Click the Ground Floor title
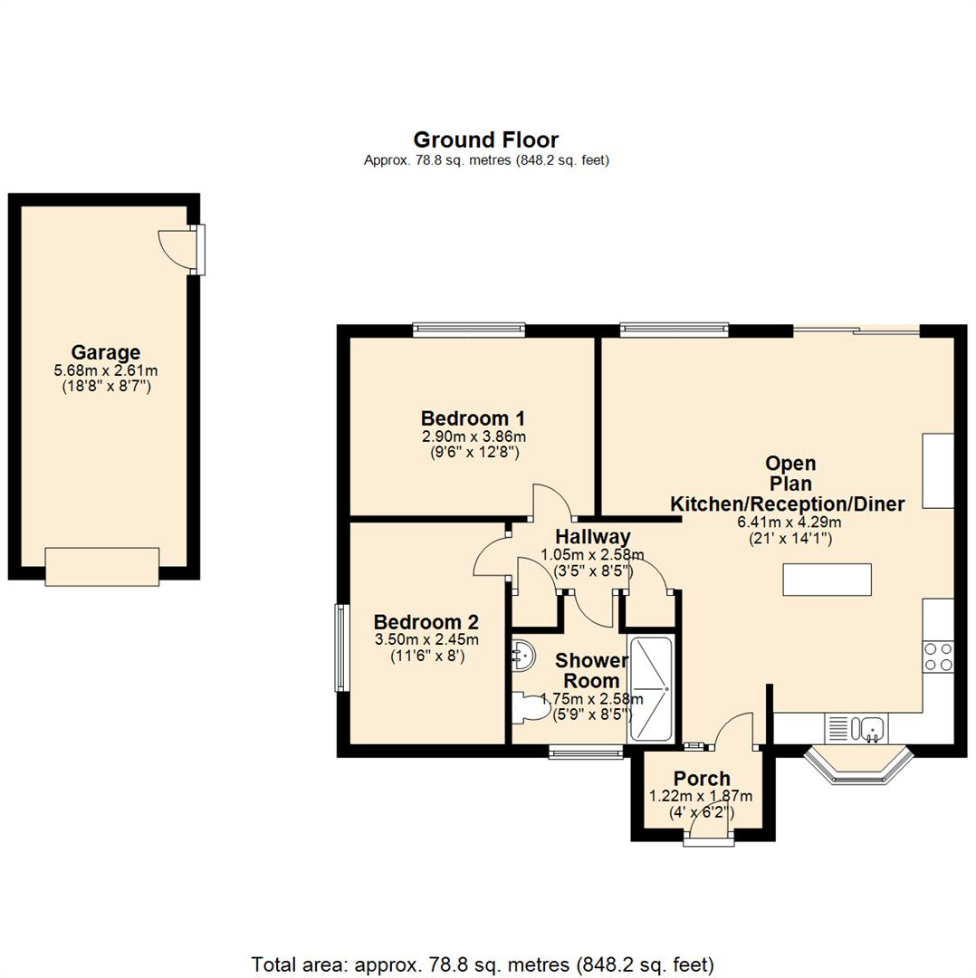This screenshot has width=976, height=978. (485, 139)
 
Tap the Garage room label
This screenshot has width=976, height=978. (106, 352)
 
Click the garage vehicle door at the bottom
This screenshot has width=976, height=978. (102, 566)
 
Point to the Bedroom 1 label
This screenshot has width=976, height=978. (473, 418)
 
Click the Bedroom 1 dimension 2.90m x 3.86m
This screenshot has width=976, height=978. (473, 436)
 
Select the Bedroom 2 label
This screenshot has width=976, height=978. (426, 622)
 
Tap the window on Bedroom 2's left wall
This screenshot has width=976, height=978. (340, 647)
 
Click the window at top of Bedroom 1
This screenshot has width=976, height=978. (468, 330)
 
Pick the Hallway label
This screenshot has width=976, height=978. (592, 537)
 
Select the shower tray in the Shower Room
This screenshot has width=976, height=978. (650, 689)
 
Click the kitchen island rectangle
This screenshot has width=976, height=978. (828, 580)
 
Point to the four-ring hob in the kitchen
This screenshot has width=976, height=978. (937, 656)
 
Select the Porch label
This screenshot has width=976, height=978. (702, 779)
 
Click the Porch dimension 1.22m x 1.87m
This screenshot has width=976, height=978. (701, 796)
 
